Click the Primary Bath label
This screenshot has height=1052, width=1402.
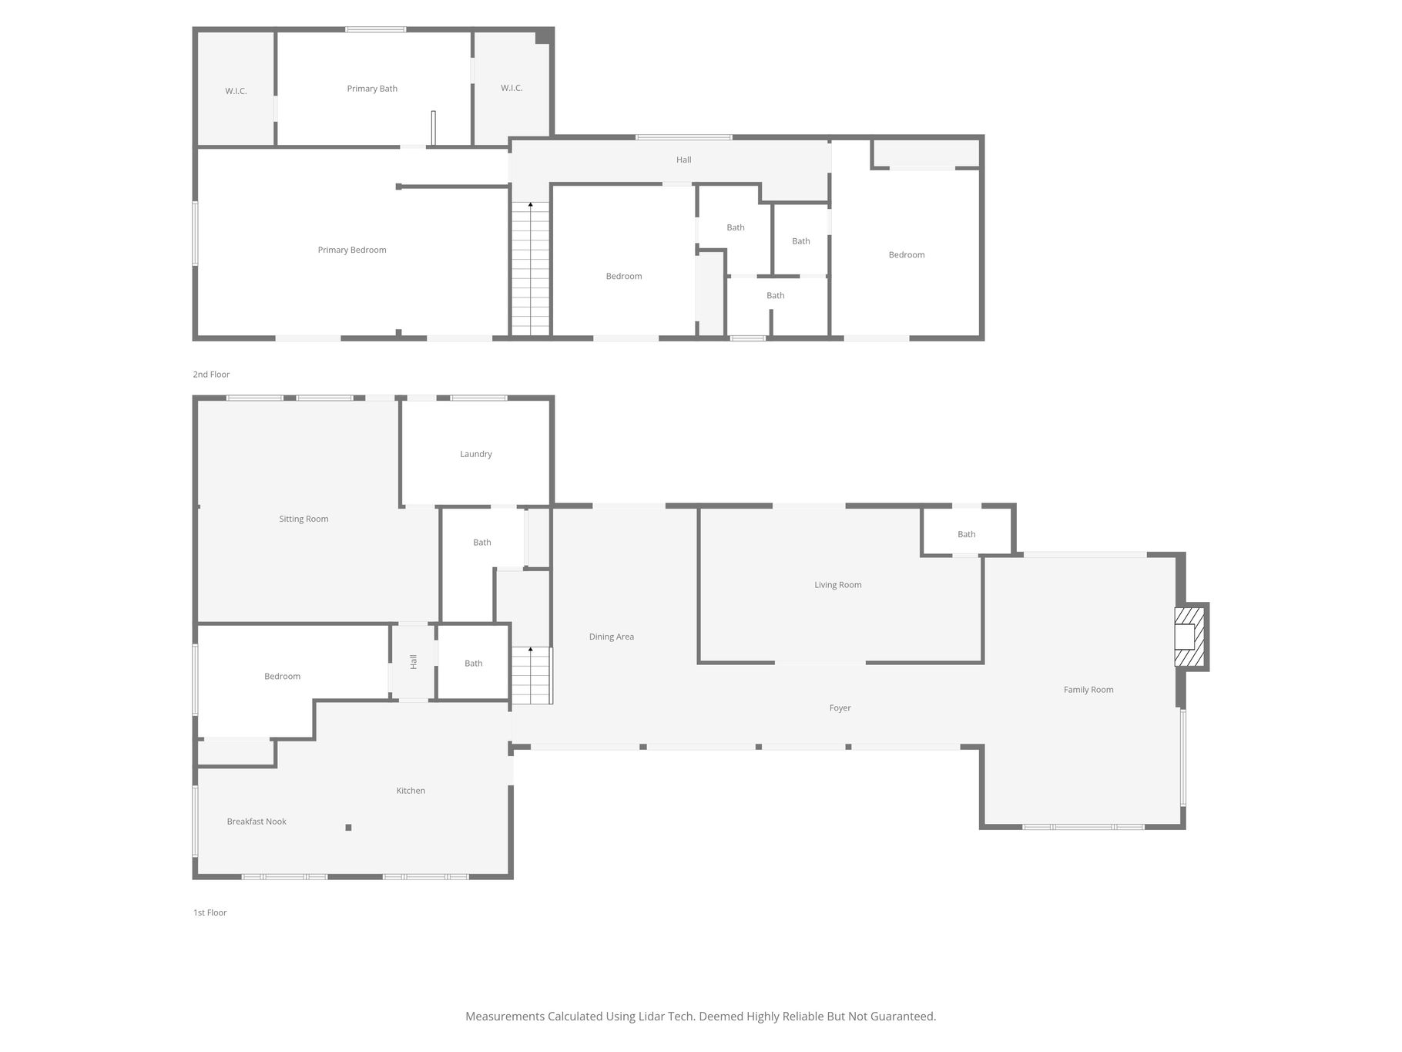click(x=372, y=89)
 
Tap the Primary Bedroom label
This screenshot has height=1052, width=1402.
click(x=352, y=250)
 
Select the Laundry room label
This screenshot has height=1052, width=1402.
click(x=476, y=454)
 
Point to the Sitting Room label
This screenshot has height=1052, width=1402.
click(x=304, y=519)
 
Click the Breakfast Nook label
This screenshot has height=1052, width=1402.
click(x=257, y=822)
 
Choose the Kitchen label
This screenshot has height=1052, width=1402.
click(x=411, y=791)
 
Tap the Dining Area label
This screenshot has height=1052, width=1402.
click(x=612, y=637)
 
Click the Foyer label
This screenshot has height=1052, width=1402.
click(x=840, y=708)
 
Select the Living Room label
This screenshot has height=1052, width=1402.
click(x=838, y=585)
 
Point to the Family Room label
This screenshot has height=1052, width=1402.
click(x=1088, y=690)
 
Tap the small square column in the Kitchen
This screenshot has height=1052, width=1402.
click(x=348, y=828)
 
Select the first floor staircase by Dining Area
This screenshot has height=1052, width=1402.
click(x=532, y=675)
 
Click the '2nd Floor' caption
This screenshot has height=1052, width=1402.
click(x=211, y=375)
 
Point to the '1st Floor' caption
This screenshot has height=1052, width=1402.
click(x=210, y=913)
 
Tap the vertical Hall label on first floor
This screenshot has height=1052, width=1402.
click(x=414, y=661)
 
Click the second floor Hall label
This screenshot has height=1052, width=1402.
click(x=683, y=160)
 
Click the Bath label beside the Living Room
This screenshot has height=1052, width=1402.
click(x=966, y=534)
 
